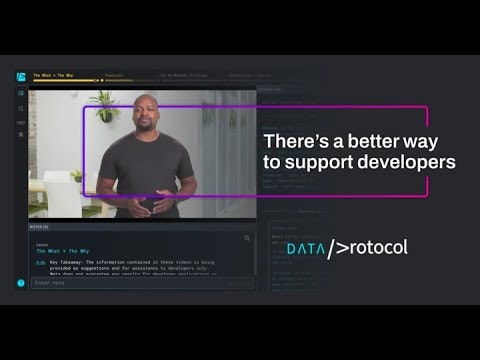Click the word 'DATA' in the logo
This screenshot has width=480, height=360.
pos(305,247)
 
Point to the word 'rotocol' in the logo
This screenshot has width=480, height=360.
pos(375,247)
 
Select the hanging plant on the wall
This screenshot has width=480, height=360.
pos(104,102)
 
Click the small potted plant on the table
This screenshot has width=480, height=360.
pos(76,176)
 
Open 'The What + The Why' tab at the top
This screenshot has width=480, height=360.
pos(54,76)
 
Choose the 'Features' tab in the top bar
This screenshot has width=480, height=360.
pos(114,76)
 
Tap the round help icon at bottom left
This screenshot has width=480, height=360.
pos(20,283)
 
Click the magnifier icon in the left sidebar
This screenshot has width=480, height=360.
pos(20,108)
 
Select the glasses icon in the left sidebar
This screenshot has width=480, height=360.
pos(20,121)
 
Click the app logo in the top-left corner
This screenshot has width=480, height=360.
pos(20,77)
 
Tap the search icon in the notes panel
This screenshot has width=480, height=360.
pos(248,238)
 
